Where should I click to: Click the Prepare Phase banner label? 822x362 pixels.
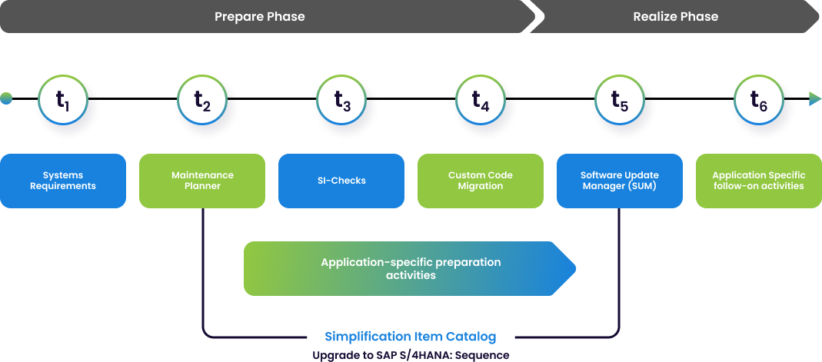[260, 16]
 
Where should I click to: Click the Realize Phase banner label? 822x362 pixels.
[675, 16]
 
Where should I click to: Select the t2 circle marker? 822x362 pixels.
[201, 99]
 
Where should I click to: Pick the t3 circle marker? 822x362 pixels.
[341, 99]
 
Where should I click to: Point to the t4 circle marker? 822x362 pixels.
[481, 99]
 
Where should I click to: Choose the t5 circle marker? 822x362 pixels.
[620, 99]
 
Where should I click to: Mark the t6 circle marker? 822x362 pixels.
[758, 99]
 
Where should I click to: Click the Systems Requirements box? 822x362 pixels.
[63, 181]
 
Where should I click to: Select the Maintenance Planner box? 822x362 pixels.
[202, 181]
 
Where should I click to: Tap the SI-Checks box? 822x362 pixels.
[341, 181]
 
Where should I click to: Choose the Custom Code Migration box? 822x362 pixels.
[481, 181]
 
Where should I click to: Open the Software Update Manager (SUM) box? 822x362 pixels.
[620, 181]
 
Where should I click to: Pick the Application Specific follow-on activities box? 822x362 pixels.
[758, 181]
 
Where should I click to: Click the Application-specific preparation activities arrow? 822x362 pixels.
[410, 268]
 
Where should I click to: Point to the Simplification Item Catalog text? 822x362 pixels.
[411, 337]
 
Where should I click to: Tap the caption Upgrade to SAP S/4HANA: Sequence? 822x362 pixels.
[411, 355]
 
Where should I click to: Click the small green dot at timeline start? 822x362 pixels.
[6, 98]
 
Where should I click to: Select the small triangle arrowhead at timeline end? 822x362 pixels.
[814, 98]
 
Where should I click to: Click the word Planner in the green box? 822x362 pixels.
[202, 186]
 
